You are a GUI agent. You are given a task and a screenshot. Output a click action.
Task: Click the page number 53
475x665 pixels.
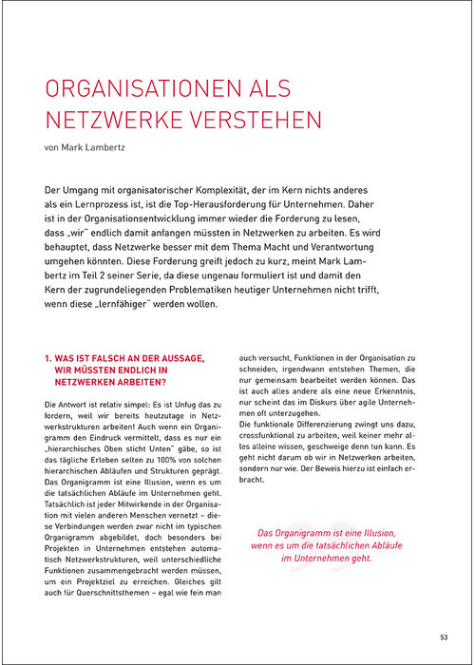click(x=445, y=636)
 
